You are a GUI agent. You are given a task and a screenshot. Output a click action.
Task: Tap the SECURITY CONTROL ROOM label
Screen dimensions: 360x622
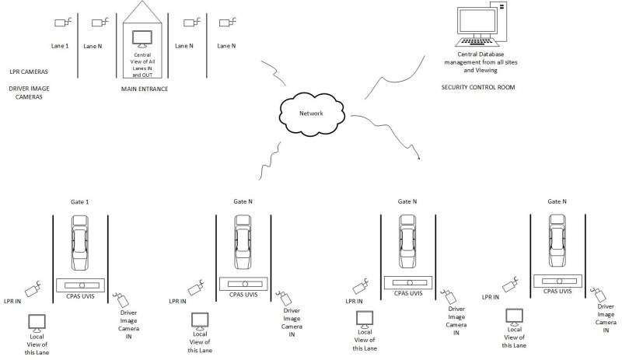click(x=477, y=88)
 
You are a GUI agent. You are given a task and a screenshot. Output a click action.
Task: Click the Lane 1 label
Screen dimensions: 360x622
click(x=61, y=46)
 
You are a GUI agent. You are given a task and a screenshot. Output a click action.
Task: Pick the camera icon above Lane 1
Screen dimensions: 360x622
click(x=61, y=21)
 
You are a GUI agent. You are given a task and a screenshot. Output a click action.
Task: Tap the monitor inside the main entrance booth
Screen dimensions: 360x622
click(x=141, y=38)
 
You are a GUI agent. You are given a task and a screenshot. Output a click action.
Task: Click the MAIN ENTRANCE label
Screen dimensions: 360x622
click(x=145, y=89)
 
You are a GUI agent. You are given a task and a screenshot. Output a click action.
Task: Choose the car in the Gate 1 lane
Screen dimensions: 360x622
click(x=81, y=240)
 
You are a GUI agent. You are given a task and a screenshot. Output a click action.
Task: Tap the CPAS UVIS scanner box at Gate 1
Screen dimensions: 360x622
click(x=81, y=285)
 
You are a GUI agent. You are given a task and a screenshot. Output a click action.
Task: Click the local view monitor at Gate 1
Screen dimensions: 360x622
click(x=37, y=322)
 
